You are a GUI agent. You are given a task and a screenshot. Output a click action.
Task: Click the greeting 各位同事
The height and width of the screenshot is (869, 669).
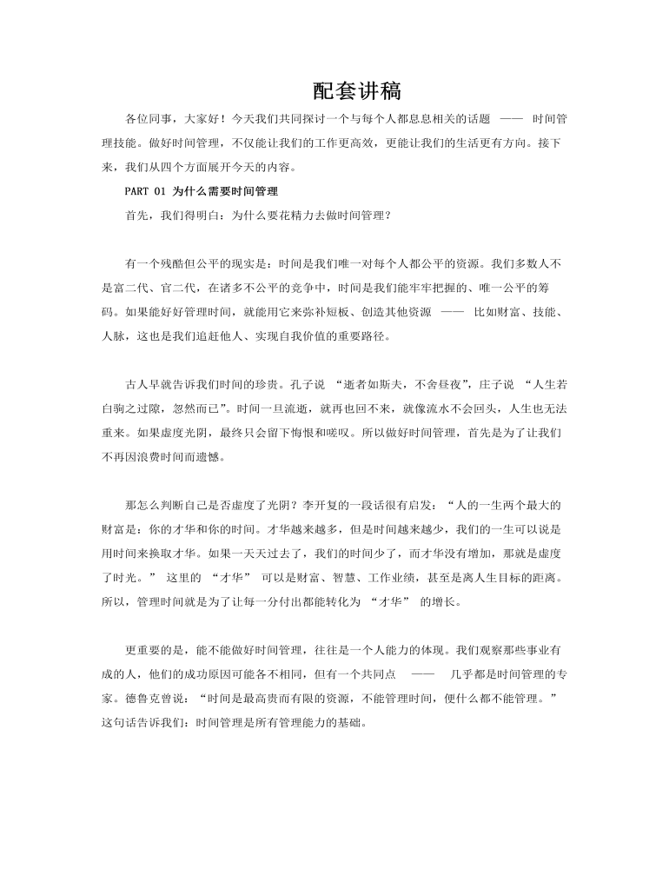[148, 117]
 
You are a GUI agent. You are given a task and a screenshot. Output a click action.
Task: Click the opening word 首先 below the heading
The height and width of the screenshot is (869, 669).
[136, 213]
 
